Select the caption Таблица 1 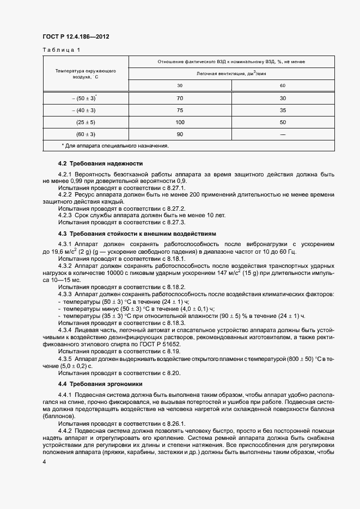point(61,50)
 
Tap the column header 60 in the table point(283,85)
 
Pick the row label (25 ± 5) point(86,122)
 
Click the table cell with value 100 point(180,122)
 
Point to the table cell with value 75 point(180,110)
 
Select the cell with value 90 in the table point(180,134)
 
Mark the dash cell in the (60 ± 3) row point(283,134)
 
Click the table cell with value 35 point(283,110)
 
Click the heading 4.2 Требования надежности point(100,163)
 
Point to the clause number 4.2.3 point(66,215)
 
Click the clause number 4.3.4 point(66,330)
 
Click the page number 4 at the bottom point(44,462)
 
